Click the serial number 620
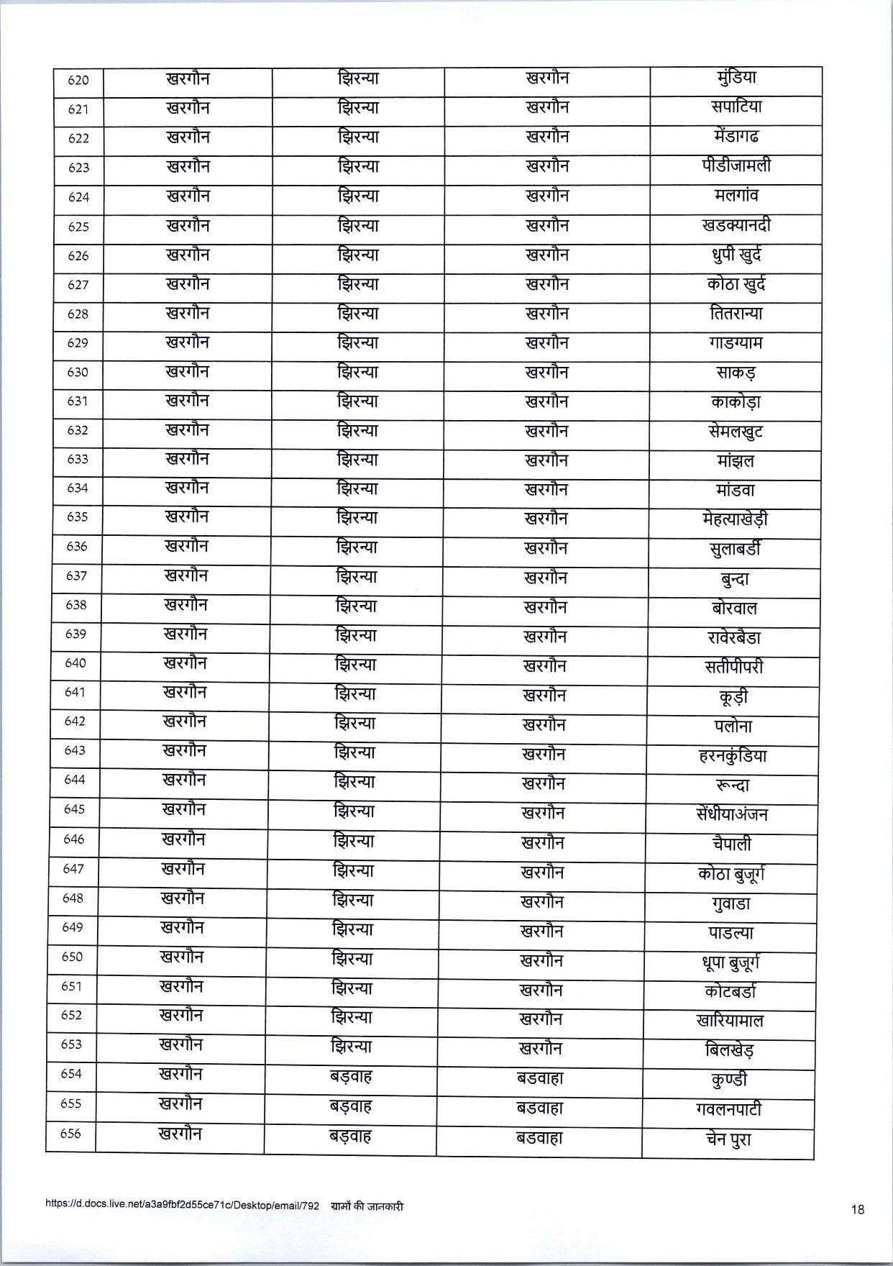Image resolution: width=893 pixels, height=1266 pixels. (x=78, y=81)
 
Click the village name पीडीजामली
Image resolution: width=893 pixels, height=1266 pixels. (x=736, y=166)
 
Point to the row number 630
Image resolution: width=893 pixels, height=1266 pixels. (x=78, y=372)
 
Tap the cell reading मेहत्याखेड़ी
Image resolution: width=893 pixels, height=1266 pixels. (x=733, y=519)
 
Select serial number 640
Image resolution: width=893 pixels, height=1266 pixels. (x=75, y=662)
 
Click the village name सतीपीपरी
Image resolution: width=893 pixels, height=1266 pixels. (x=733, y=667)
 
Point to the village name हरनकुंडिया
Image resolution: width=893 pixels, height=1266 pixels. (x=733, y=756)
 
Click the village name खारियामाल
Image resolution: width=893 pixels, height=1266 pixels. (x=730, y=1021)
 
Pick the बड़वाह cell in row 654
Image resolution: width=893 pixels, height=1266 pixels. (x=350, y=1078)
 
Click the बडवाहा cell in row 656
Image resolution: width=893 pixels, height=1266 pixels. (x=539, y=1138)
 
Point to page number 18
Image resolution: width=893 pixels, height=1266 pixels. (x=857, y=1209)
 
